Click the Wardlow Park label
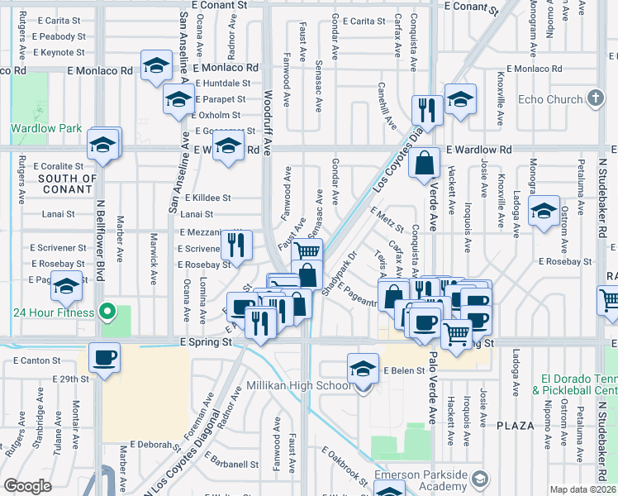46,129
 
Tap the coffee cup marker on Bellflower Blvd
104,358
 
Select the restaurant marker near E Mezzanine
237,246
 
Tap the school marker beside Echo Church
460,100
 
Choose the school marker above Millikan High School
363,369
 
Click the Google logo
27,486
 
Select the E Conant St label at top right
470,6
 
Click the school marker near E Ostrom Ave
543,212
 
